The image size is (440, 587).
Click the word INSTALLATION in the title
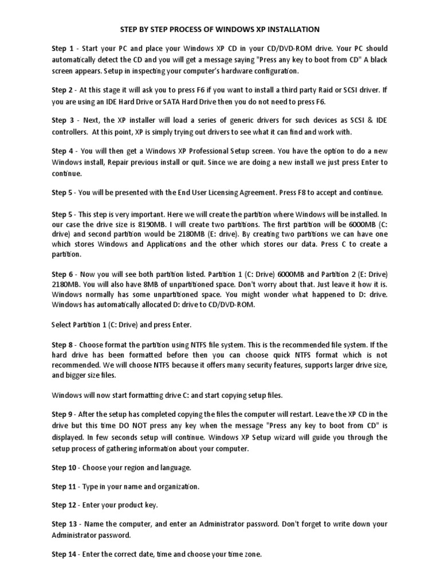click(x=290, y=29)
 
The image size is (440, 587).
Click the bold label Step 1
click(x=62, y=49)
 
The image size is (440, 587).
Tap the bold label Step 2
click(x=62, y=89)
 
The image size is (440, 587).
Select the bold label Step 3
click(x=62, y=120)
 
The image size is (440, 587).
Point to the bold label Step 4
click(x=62, y=151)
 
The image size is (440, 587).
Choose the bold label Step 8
click(x=62, y=345)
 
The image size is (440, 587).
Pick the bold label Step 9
click(x=62, y=414)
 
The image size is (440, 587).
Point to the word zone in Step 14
click(x=252, y=555)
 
